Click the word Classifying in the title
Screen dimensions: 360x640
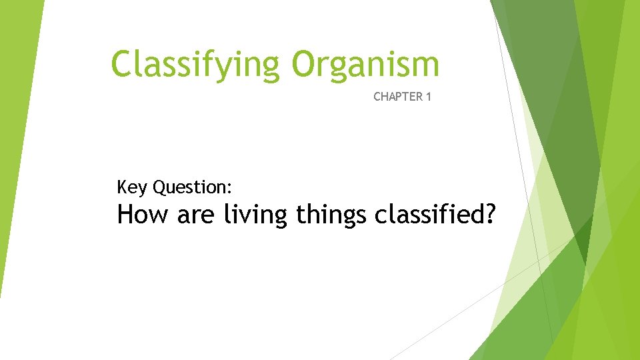tap(197, 65)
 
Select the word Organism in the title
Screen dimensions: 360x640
tap(365, 65)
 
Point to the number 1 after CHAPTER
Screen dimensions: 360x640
tap(428, 97)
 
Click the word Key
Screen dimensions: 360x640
tap(132, 188)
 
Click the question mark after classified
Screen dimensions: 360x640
tap(490, 215)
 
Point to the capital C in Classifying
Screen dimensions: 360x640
tap(122, 65)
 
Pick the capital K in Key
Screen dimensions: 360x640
tap(122, 187)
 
